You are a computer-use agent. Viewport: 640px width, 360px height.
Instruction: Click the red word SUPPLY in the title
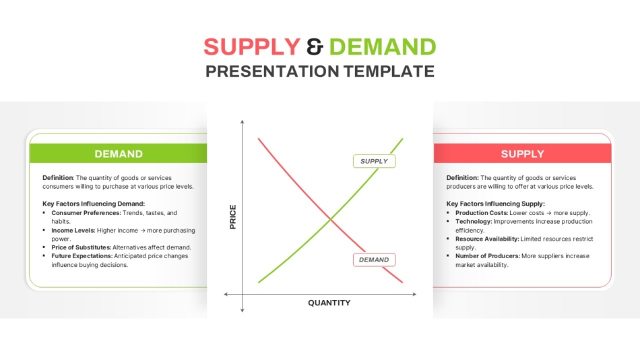[x=252, y=47]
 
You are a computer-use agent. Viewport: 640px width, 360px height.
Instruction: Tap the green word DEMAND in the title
[x=383, y=47]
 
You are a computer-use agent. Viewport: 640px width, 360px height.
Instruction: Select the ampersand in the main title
[x=315, y=47]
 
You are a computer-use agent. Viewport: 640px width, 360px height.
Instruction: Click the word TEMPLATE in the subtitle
[x=389, y=71]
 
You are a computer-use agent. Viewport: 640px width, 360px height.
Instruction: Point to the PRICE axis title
[x=232, y=216]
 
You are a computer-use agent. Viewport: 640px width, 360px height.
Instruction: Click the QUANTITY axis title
[x=329, y=303]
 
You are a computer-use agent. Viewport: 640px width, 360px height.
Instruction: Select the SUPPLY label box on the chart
[x=374, y=161]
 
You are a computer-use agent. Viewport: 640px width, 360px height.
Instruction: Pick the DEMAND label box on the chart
[x=374, y=260]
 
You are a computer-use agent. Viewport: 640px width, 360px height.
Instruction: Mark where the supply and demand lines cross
[x=331, y=220]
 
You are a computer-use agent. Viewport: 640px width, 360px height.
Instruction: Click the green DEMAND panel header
[x=119, y=154]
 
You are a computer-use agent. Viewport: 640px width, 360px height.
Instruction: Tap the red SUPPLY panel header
[x=522, y=154]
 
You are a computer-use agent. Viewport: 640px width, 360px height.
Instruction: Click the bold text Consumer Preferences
[x=86, y=213]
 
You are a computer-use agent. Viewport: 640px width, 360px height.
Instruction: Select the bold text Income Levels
[x=73, y=231]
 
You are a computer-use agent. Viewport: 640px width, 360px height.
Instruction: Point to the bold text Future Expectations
[x=82, y=256]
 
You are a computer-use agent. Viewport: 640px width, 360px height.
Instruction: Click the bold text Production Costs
[x=482, y=213]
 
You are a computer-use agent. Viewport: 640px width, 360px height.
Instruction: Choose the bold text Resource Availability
[x=487, y=239]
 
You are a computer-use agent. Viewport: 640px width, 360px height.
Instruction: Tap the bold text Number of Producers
[x=488, y=256]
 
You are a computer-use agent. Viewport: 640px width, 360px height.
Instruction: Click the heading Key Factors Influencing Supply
[x=496, y=204]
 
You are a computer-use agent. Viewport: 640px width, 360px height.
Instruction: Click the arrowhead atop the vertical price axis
[x=242, y=122]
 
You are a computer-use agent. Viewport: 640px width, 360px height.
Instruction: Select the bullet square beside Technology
[x=448, y=221]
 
